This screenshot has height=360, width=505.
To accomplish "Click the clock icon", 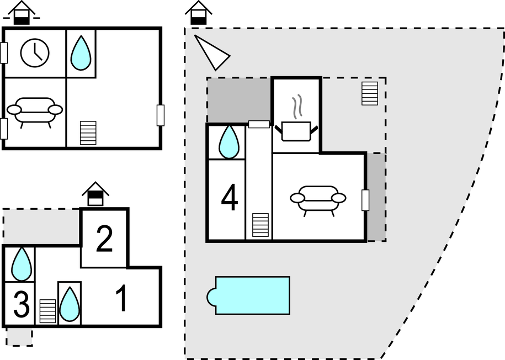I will pos(35,52).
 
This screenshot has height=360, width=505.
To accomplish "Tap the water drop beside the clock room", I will pos(81,53).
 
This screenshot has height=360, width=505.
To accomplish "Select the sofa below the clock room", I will pos(35,110).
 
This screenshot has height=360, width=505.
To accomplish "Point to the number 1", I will pos(121,299).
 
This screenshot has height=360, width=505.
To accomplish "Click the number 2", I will pos(104,239).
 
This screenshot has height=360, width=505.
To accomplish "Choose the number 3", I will pos(21,305).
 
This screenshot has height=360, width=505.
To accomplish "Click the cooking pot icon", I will pos(297,131).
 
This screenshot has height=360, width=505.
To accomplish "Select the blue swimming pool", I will pos(252,295).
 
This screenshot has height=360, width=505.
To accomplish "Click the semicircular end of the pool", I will pos(211,296).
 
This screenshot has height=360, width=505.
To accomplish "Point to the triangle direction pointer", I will pos(210,52).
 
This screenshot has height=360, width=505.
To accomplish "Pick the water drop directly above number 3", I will pos(21,264).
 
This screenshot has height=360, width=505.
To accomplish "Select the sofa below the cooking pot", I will pos(318,198).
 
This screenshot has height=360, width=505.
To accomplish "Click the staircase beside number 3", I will pos(47,311).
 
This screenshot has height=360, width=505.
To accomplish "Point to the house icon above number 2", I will pos(95,194).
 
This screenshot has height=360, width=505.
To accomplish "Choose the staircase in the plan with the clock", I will pos(88,133).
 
